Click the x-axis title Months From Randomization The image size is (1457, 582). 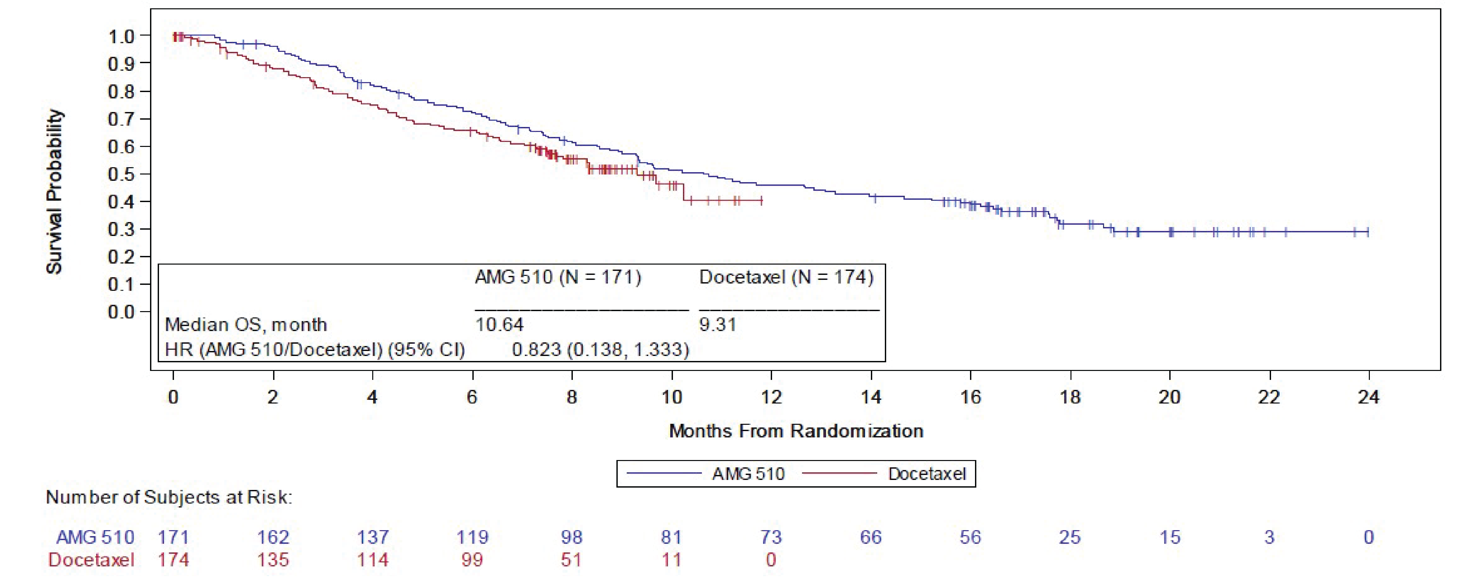click(x=796, y=431)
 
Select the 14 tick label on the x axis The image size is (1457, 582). click(x=871, y=397)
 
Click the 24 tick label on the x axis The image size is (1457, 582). click(x=1368, y=397)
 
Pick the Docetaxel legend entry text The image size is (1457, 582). click(x=926, y=474)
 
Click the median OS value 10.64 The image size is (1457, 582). click(x=499, y=325)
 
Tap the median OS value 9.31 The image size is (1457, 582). click(x=718, y=325)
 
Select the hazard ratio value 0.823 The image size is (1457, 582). click(x=536, y=350)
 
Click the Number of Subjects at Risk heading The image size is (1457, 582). click(x=169, y=497)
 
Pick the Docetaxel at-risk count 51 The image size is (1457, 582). click(x=571, y=560)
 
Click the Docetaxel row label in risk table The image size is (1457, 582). click(x=91, y=560)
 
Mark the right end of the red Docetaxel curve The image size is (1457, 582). click(x=762, y=200)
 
